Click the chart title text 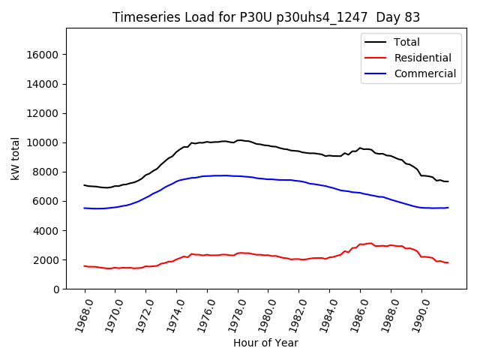point(266,17)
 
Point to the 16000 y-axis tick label point(43,55)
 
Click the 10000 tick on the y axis point(43,142)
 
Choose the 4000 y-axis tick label point(46,231)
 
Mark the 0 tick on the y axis point(57,289)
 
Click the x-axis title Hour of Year point(265,343)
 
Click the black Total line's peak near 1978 point(239,140)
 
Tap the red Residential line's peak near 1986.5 point(369,243)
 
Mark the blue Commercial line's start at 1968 point(85,208)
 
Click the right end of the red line point(448,262)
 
